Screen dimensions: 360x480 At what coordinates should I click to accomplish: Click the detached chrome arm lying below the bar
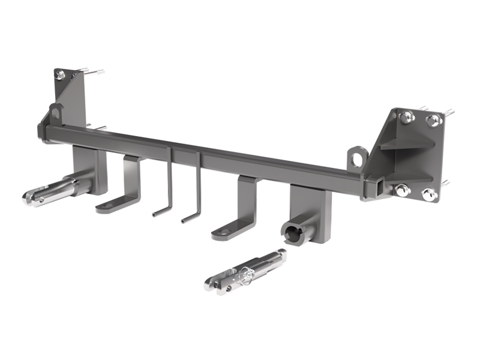246,271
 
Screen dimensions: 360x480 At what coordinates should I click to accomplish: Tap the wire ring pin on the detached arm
245,275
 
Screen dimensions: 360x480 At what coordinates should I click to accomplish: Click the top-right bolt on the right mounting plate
433,121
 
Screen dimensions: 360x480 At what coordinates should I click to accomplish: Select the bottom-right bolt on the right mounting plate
428,194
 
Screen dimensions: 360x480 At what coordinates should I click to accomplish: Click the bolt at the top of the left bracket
60,75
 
